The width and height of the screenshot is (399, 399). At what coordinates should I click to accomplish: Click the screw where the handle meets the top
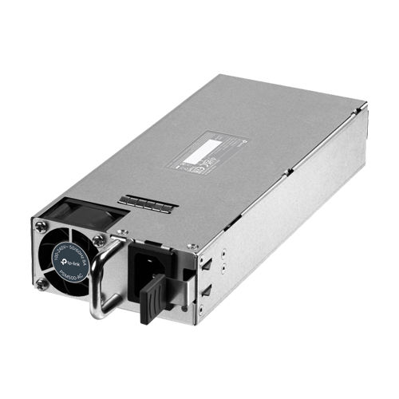click(x=120, y=233)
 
